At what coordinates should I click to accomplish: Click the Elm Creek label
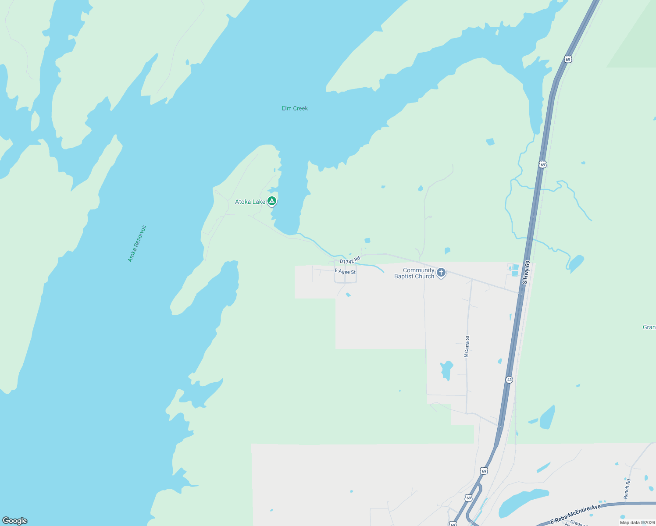[295, 108]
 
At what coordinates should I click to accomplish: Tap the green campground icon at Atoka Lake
[272, 201]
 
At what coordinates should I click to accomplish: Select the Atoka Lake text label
[250, 202]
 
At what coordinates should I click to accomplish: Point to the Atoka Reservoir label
[137, 244]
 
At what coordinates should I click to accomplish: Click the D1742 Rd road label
[350, 260]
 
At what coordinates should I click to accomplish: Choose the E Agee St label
[345, 272]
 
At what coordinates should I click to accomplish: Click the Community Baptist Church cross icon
[441, 273]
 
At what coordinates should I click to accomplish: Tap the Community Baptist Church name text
[414, 273]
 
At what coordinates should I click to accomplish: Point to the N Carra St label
[467, 346]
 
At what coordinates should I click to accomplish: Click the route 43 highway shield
[509, 380]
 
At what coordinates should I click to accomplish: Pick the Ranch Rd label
[627, 489]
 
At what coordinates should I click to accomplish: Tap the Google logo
[15, 521]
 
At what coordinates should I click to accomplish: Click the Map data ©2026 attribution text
[637, 522]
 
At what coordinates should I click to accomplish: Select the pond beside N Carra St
[446, 370]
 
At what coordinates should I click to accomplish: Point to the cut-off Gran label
[649, 327]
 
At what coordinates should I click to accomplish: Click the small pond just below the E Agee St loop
[348, 295]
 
